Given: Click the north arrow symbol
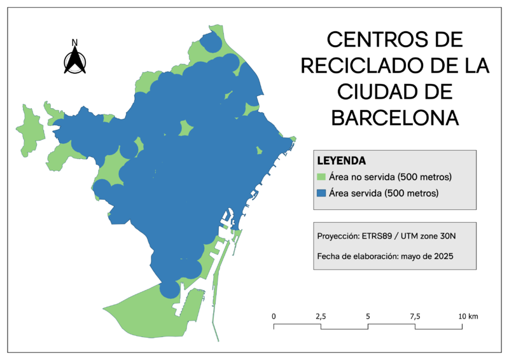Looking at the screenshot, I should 75,61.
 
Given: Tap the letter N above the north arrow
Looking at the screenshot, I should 74,43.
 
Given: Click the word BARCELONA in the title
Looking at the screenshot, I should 395,118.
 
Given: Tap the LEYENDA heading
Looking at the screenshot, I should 341,160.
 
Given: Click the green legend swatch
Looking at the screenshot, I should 321,177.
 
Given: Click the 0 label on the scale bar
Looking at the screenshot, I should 274,316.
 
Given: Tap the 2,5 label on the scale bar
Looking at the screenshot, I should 320,316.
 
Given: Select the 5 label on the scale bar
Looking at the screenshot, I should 368,316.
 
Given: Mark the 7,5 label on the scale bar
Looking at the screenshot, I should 415,316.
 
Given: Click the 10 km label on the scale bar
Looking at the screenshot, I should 468,316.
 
